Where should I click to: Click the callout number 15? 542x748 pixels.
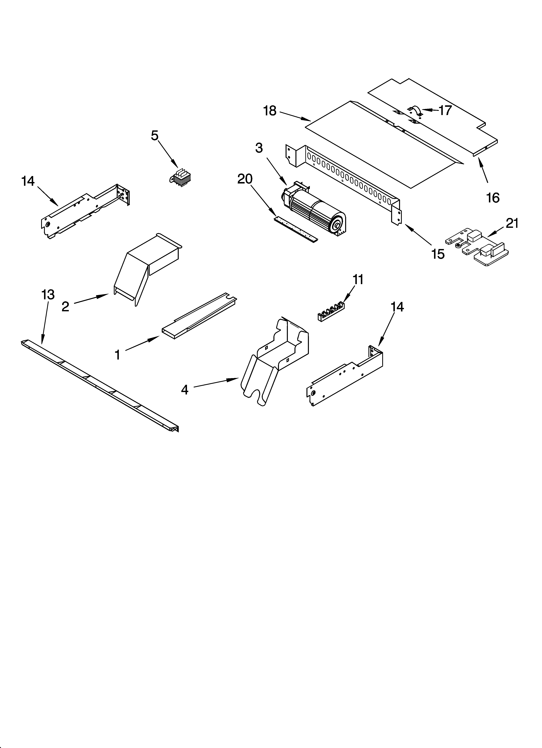click(438, 254)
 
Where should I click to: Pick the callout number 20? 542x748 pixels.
click(245, 179)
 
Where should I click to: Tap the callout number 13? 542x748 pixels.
click(48, 294)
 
